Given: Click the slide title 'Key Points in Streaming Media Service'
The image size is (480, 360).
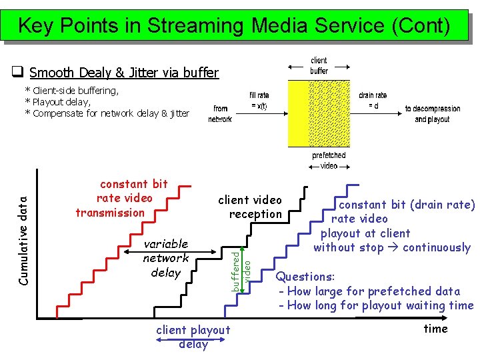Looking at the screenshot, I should click(x=234, y=25).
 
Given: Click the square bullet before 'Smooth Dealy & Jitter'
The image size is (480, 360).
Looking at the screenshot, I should click(x=19, y=72).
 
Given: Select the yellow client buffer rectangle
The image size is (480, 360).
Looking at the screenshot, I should click(x=298, y=113).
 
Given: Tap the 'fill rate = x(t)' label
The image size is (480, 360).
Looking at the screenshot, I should click(x=259, y=101).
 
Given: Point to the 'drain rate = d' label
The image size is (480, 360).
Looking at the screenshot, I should click(x=373, y=101).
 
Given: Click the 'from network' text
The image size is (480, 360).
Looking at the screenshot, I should click(x=220, y=114).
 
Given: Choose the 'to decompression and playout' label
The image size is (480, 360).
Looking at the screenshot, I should click(x=432, y=114).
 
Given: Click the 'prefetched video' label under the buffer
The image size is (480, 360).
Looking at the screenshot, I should click(x=329, y=160).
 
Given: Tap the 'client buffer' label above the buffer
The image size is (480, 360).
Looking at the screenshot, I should click(x=319, y=66).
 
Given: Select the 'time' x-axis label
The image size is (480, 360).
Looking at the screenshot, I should click(x=435, y=329).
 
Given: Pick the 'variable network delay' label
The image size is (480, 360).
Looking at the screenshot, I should click(x=166, y=258).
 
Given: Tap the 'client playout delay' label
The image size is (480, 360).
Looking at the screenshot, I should click(x=193, y=337).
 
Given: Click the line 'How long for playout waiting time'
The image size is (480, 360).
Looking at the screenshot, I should click(x=376, y=306).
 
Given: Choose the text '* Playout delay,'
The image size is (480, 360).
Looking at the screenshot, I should click(x=57, y=102).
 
